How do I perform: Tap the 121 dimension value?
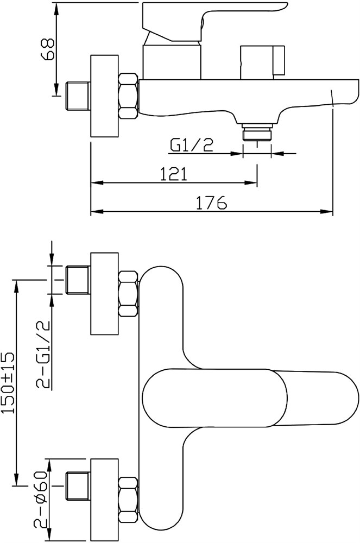(173, 174)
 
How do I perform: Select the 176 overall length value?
(211, 203)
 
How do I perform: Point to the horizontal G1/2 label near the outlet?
(191, 146)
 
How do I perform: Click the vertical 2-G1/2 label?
(44, 355)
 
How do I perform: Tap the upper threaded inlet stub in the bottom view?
(78, 280)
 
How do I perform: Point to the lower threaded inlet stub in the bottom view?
(78, 486)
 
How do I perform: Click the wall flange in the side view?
(104, 96)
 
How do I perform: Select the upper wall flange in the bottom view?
(104, 294)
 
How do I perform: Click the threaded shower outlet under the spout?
(257, 132)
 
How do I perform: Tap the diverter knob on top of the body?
(262, 62)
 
